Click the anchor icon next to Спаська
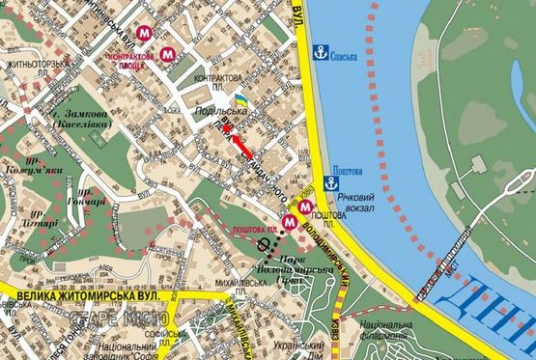[x=322, y=55]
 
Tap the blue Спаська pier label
[x=345, y=56]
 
